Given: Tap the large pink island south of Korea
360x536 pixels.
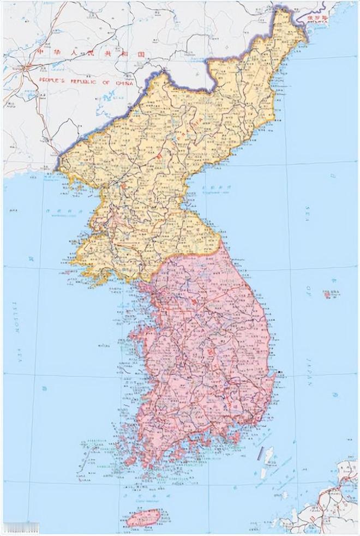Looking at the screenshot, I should pyautogui.click(x=143, y=517).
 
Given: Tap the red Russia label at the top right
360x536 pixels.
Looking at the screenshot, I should pyautogui.click(x=316, y=17).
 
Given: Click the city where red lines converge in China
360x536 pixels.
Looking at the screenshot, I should pyautogui.click(x=24, y=68).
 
